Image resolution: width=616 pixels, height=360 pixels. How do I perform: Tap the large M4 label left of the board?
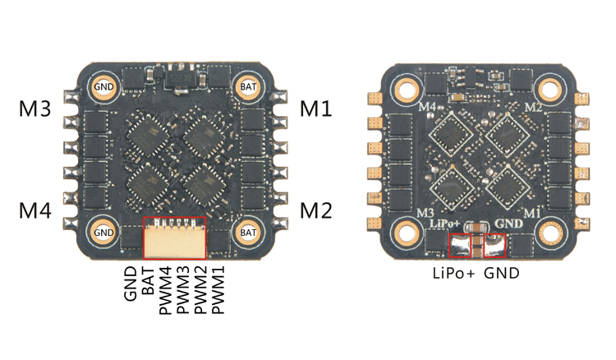36,211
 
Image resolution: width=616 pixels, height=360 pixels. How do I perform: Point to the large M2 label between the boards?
316,211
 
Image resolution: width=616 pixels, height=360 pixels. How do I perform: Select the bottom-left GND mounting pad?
104,233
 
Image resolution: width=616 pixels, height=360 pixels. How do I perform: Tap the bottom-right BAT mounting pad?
248,233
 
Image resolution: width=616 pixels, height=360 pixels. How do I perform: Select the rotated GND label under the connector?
131,281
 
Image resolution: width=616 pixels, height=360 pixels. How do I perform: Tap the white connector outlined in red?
175,238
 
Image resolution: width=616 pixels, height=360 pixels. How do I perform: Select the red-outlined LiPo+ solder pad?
466,245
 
